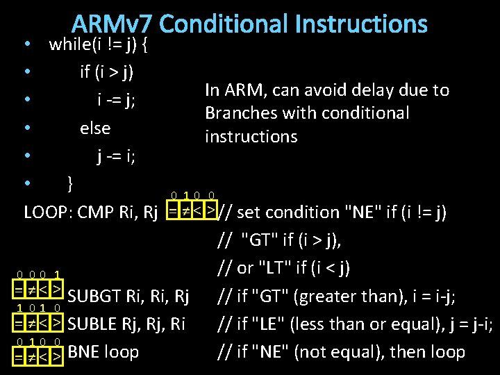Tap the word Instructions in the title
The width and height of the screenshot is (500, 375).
tap(361, 24)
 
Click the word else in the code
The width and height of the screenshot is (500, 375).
tap(95, 128)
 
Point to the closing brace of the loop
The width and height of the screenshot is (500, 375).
tap(69, 183)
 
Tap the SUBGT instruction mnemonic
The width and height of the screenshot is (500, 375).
tap(95, 297)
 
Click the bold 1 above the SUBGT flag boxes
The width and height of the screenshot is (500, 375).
tap(56, 274)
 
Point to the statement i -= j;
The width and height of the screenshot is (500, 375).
tap(116, 100)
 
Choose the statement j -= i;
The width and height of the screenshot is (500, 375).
tap(116, 156)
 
